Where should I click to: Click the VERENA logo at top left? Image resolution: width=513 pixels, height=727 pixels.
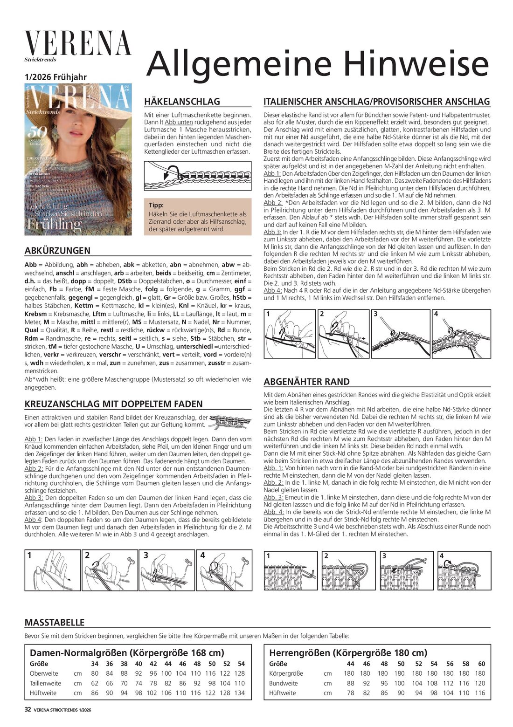77,43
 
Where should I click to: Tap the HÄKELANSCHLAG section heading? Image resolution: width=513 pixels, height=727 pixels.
182,102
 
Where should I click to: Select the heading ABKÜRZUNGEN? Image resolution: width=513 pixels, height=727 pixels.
57,251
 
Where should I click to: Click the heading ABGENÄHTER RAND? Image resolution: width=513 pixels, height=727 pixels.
306,382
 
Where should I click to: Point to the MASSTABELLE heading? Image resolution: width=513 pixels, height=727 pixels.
55,623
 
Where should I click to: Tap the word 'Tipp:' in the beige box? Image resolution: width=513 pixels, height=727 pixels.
156,206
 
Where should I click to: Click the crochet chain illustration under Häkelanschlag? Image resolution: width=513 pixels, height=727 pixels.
197,176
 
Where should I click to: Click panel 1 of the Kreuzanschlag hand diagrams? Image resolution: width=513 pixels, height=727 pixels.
52,570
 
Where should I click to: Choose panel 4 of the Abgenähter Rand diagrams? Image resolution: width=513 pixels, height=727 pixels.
464,570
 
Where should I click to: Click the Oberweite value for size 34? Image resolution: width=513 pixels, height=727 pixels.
95,673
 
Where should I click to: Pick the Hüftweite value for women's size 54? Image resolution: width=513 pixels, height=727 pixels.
240,693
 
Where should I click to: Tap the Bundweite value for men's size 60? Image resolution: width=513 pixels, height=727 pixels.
480,683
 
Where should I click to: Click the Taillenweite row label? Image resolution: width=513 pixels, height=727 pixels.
45,683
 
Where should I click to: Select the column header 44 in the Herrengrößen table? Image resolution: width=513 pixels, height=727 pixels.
350,664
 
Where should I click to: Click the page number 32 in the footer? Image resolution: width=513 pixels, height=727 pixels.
28,710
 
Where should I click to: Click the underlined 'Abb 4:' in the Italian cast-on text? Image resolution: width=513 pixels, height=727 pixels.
273,290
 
